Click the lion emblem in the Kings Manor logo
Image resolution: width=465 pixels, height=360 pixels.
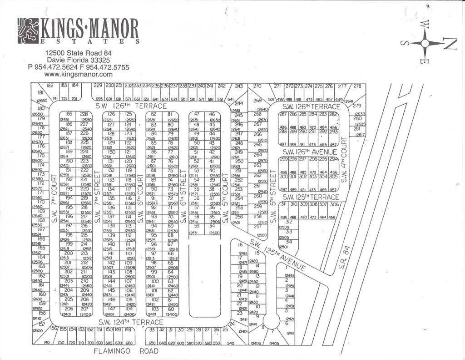click(x=28, y=31)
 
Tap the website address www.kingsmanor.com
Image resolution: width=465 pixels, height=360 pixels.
click(x=79, y=74)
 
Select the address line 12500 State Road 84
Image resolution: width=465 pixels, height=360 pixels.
click(x=79, y=53)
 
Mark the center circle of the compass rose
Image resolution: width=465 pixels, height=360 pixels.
click(x=425, y=44)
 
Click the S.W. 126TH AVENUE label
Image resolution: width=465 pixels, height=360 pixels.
click(x=310, y=151)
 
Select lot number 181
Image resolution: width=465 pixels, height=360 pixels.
click(x=40, y=94)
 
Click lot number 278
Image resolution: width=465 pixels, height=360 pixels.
click(x=357, y=86)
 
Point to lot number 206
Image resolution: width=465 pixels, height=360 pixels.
click(x=69, y=309)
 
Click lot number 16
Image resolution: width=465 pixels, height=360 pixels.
click(x=240, y=245)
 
